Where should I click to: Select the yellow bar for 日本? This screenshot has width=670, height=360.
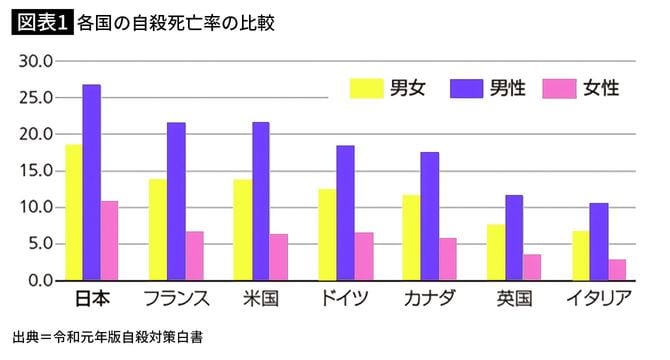(x=74, y=213)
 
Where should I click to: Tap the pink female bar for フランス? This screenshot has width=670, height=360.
(x=195, y=256)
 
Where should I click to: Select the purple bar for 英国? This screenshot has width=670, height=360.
(x=513, y=238)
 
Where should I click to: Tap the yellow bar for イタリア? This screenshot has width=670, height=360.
(x=580, y=256)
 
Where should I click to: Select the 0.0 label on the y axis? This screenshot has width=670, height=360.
(x=39, y=280)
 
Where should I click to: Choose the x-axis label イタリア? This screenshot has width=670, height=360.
(x=598, y=299)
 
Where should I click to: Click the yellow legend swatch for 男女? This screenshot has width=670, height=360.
(x=366, y=88)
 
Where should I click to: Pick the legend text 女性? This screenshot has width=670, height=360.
(x=604, y=88)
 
